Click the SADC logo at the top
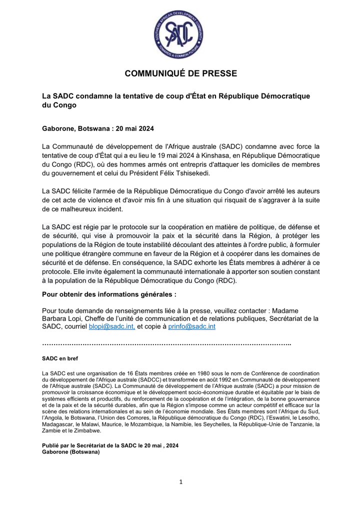(x=179, y=34)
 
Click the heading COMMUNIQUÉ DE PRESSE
(x=180, y=73)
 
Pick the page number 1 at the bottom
(x=181, y=482)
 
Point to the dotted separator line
(x=166, y=343)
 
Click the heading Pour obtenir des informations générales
(x=109, y=294)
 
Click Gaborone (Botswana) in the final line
(x=71, y=452)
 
